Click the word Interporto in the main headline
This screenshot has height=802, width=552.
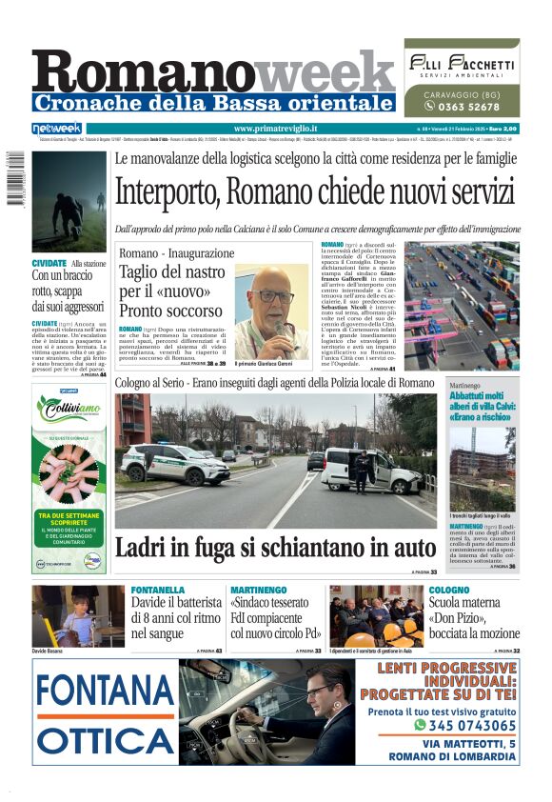click(x=168, y=191)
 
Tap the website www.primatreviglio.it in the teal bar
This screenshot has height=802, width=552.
click(x=275, y=129)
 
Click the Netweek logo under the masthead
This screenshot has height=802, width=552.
click(x=57, y=129)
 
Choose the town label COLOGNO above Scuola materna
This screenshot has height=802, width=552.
click(x=449, y=591)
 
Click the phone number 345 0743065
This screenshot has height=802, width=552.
click(x=465, y=725)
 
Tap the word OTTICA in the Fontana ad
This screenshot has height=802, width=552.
click(x=104, y=739)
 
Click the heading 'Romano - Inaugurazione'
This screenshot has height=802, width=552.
click(x=177, y=253)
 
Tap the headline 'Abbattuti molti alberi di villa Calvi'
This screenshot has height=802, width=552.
click(x=484, y=405)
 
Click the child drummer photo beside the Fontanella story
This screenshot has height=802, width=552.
click(x=78, y=615)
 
